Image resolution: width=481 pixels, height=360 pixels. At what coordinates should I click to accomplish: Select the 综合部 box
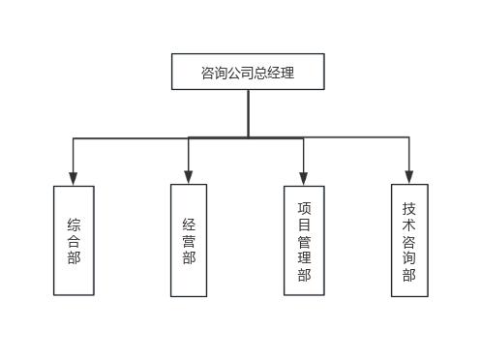tap(74, 240)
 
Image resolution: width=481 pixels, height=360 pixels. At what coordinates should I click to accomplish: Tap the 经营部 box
tap(189, 239)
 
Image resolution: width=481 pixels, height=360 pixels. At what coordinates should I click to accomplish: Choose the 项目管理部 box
tap(304, 240)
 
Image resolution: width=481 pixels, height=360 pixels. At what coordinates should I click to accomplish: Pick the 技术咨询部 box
tap(408, 239)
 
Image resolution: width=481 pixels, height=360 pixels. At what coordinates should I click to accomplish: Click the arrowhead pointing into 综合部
tap(74, 179)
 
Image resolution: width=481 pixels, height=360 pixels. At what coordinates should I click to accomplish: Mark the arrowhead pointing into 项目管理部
tap(304, 179)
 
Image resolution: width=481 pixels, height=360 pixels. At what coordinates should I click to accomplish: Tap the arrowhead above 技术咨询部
tap(408, 177)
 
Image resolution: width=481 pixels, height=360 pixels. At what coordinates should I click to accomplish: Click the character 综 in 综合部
tap(74, 224)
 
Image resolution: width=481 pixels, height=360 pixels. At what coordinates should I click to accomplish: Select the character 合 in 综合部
tap(74, 240)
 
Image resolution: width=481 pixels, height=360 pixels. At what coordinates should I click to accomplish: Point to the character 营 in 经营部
tap(189, 240)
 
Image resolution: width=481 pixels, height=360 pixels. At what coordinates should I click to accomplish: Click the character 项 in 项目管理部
tap(304, 206)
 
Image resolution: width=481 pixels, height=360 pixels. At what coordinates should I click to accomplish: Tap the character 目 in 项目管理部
tap(304, 224)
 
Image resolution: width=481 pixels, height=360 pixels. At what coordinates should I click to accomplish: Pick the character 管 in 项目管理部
tap(304, 241)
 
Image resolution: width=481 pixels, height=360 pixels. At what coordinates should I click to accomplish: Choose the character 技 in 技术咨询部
tap(408, 207)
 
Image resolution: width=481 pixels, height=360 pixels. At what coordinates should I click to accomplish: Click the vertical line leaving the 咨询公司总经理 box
tap(248, 112)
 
